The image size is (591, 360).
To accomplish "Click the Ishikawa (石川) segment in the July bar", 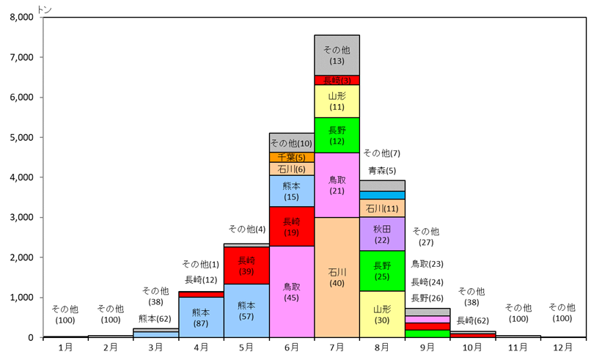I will (337, 277).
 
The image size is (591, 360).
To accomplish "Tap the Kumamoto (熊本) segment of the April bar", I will (201, 317).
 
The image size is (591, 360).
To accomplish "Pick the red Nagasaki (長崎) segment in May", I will (246, 265).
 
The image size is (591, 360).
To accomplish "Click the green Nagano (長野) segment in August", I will (381, 271).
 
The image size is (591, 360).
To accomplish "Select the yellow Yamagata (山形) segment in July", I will (337, 101).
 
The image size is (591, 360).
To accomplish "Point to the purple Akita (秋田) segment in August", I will (381, 234).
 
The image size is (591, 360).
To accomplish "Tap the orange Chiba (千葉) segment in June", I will (291, 157).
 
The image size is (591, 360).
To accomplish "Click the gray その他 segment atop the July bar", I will (337, 55).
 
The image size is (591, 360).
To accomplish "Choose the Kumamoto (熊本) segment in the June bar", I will (291, 191).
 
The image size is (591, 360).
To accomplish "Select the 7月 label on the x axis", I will (337, 347).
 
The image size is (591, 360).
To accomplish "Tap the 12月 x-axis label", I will (562, 347).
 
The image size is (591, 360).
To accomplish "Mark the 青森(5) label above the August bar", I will (381, 170).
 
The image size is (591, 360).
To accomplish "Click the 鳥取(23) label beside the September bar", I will (427, 264).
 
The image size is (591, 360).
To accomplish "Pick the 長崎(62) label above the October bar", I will (472, 320).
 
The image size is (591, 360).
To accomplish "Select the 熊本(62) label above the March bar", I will (155, 318).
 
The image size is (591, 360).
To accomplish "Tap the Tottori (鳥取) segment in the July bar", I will (337, 185).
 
